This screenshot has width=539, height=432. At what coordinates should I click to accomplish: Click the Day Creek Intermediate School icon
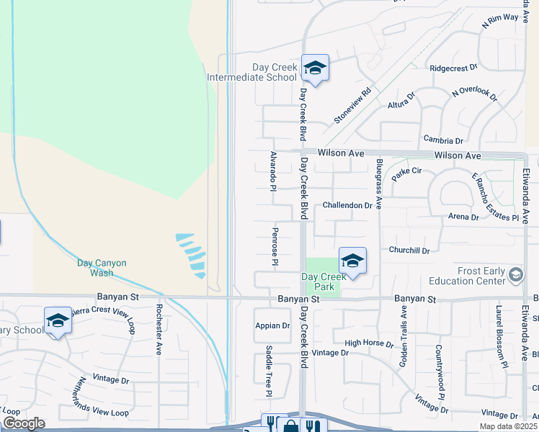coord(315,68)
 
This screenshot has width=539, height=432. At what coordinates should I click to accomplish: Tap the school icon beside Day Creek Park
coord(352,261)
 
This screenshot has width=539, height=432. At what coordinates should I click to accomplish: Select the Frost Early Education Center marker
coord(515,274)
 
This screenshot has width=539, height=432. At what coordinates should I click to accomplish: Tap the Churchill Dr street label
coord(409,251)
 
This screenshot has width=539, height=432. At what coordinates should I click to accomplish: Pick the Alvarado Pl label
coord(273,171)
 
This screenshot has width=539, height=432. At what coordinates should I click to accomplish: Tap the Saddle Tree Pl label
coord(269,371)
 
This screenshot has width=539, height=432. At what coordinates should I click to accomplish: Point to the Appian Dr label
coord(272,325)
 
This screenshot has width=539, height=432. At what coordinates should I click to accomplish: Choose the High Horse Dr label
coord(368,343)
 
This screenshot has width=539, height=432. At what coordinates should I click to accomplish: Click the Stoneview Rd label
coord(352,105)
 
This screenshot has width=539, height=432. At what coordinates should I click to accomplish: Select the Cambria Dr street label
coord(443,140)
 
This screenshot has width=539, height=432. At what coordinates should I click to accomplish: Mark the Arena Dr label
coord(463,216)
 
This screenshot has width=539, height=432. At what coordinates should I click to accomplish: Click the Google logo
coord(24,423)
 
